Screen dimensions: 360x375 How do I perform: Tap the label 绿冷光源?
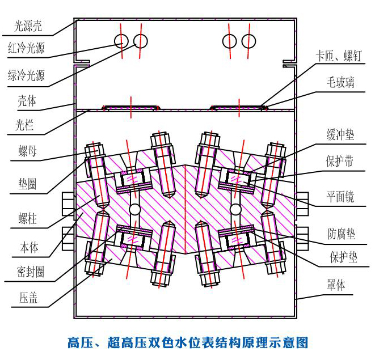pyautogui.click(x=26, y=75)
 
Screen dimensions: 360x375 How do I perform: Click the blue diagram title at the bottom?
pyautogui.click(x=187, y=342)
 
